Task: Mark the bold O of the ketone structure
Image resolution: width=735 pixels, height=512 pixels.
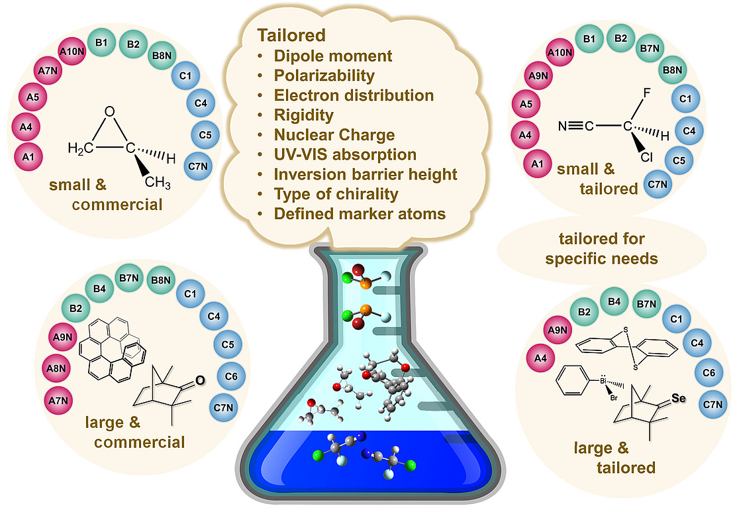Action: [x=199, y=380]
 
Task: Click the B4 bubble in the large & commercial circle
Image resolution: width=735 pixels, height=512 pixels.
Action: [x=99, y=289]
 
